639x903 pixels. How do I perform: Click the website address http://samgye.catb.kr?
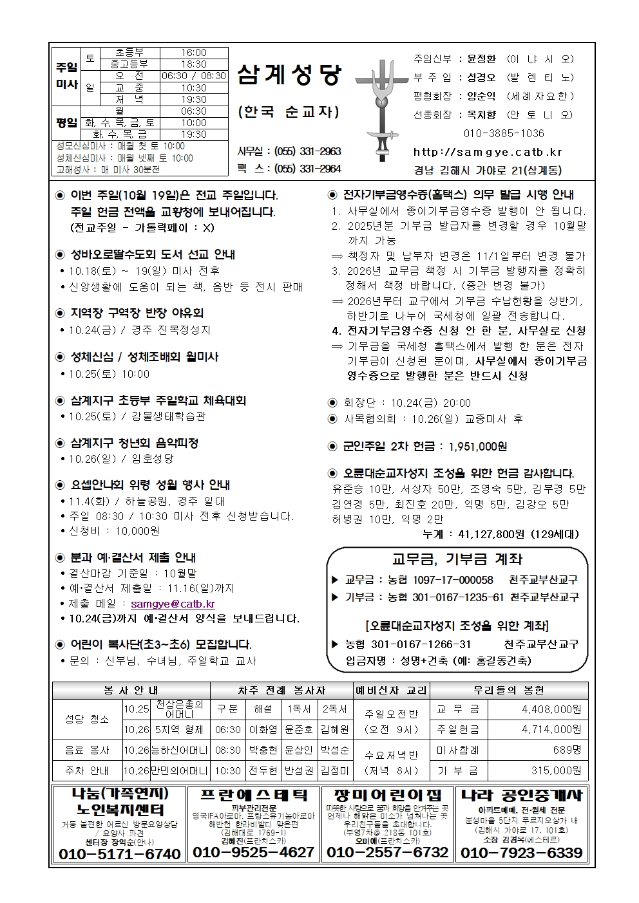point(488,153)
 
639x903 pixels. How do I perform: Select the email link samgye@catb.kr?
point(173,604)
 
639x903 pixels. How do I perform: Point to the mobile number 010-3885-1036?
point(504,134)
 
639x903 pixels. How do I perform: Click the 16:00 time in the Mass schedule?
point(193,53)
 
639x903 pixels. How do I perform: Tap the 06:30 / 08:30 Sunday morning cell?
point(193,76)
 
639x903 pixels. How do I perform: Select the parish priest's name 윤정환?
point(481,59)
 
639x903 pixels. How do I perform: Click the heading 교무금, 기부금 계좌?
point(457,559)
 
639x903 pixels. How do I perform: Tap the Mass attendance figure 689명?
point(567,750)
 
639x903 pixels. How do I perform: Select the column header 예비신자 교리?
point(392,690)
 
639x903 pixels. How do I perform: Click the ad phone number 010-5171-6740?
point(120,853)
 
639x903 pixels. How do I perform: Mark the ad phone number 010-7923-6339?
point(522,853)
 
